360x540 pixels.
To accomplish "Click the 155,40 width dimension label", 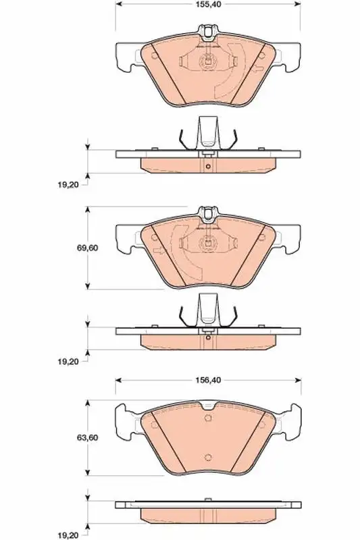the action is (208, 4).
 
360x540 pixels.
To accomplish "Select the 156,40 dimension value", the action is (208, 380).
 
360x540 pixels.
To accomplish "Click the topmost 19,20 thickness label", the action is (68, 184).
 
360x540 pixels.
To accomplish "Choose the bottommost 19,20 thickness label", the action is (68, 535).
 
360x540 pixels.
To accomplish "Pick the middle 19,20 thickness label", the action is (68, 361).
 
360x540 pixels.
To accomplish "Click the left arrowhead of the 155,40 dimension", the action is (118, 4).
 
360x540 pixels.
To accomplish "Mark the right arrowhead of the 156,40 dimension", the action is (298, 380).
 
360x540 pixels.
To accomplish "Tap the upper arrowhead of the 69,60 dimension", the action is (88, 210).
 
